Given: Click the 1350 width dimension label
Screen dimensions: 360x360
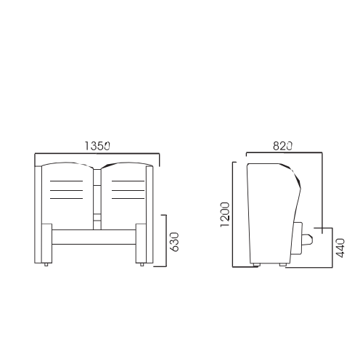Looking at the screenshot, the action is tap(97, 146).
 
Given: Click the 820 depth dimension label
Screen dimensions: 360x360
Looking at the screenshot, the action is tap(282, 146).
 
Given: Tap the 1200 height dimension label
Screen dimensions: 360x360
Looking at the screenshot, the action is tap(225, 215).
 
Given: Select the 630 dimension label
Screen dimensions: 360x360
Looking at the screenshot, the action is tap(174, 242).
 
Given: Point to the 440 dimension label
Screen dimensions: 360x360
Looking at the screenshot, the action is tap(340, 248).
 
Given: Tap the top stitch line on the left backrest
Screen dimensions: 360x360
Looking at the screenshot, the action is tap(66, 181).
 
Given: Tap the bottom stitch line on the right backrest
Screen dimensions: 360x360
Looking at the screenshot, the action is tap(128, 199).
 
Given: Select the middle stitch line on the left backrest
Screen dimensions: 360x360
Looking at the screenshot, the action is tap(66, 190).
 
